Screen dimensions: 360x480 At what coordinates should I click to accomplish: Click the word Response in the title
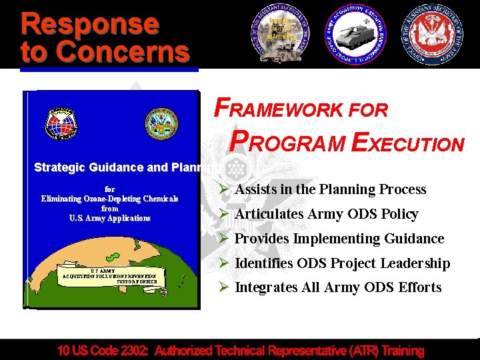[90, 23]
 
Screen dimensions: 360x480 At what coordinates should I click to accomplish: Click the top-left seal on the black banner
[281, 34]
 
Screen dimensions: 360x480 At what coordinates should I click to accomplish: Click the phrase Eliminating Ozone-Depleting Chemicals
[110, 199]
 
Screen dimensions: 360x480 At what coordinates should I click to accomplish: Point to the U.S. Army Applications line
[110, 218]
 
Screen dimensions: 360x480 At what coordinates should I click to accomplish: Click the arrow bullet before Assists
[225, 190]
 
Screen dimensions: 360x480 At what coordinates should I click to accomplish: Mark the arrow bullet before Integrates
[225, 288]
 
